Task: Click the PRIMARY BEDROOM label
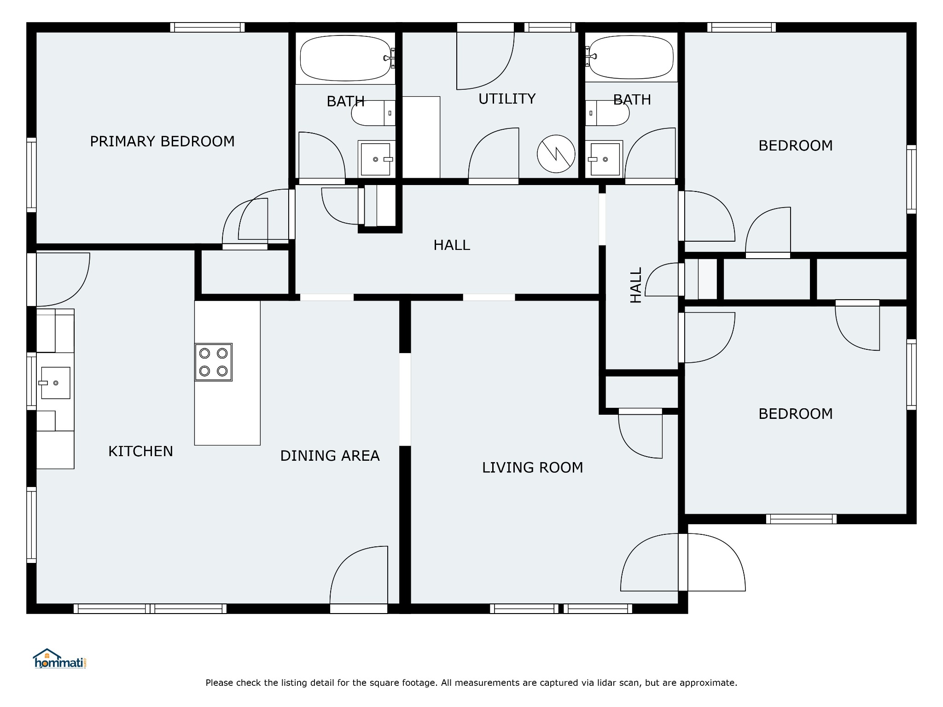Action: pyautogui.click(x=162, y=141)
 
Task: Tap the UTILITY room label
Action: pyautogui.click(x=507, y=99)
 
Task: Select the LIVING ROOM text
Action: pyautogui.click(x=532, y=468)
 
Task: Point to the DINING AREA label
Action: pyautogui.click(x=330, y=456)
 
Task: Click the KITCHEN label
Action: pyautogui.click(x=140, y=451)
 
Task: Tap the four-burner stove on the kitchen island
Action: pyautogui.click(x=213, y=362)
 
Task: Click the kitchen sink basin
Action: pyautogui.click(x=55, y=382)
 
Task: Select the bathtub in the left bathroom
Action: pyautogui.click(x=345, y=58)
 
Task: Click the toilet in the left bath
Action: pyautogui.click(x=373, y=113)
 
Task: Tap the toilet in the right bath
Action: pyautogui.click(x=607, y=113)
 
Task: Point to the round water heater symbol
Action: pyautogui.click(x=556, y=154)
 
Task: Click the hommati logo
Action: pyautogui.click(x=60, y=659)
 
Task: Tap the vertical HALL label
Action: pyautogui.click(x=635, y=285)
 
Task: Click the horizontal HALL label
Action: pyautogui.click(x=452, y=245)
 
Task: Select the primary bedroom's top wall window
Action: pyautogui.click(x=207, y=27)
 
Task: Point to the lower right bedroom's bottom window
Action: pyautogui.click(x=801, y=519)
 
